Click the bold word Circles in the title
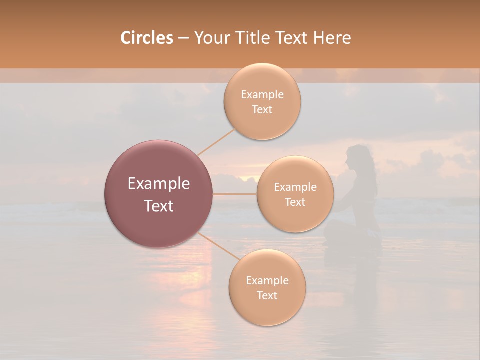click(x=146, y=38)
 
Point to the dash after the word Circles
click(x=183, y=38)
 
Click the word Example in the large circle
click(x=159, y=184)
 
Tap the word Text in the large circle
click(x=159, y=206)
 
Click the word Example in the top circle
click(x=262, y=95)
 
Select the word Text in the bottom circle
click(x=267, y=295)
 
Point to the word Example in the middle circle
click(x=295, y=187)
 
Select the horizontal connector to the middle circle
click(x=235, y=194)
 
